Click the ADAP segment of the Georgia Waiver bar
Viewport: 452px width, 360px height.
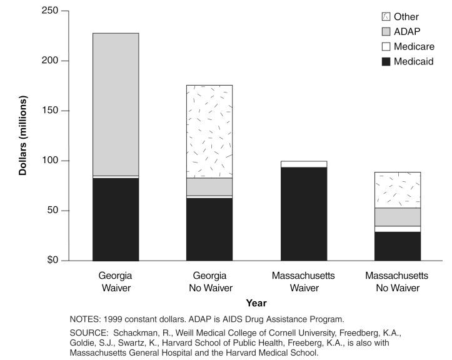click(x=116, y=104)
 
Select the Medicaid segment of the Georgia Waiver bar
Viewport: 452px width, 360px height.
click(x=116, y=219)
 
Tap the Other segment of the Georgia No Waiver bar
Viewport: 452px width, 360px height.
click(x=209, y=131)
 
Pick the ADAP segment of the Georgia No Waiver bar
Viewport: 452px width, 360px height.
click(x=209, y=187)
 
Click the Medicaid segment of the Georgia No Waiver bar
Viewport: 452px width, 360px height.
click(x=209, y=229)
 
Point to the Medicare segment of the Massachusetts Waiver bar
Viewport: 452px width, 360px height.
click(x=304, y=164)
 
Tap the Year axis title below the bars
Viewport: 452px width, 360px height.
click(x=256, y=303)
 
